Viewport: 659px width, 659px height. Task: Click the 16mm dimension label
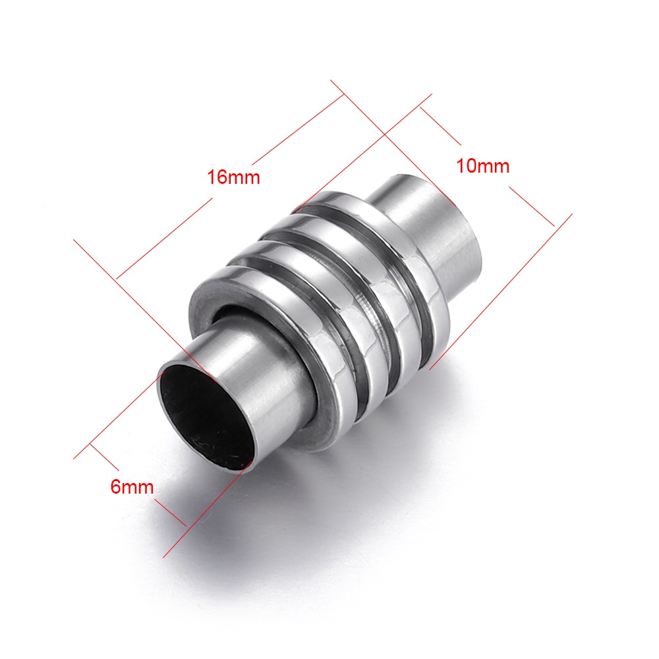click(234, 177)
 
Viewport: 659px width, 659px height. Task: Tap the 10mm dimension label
click(483, 166)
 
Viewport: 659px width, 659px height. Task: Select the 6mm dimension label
click(132, 487)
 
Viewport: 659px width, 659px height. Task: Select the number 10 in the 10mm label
click(466, 166)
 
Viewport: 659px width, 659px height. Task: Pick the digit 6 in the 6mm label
click(115, 487)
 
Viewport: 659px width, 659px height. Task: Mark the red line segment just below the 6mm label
click(170, 511)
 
